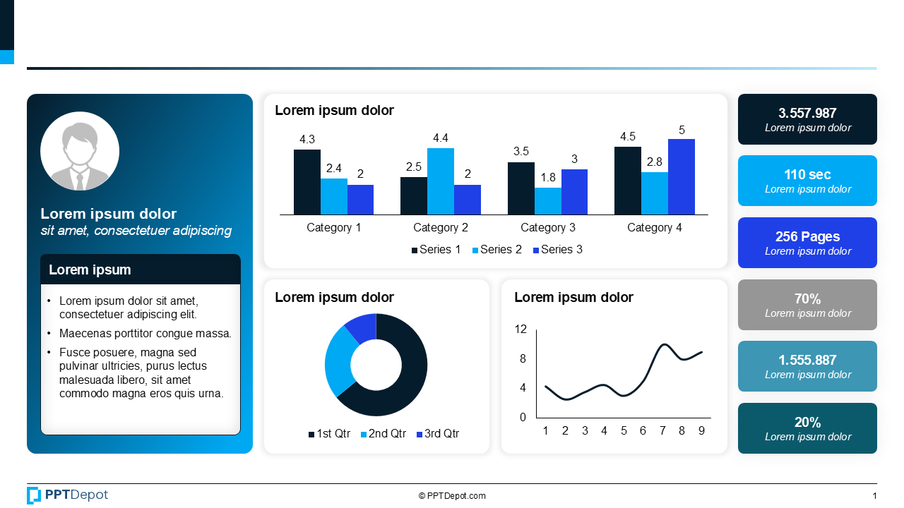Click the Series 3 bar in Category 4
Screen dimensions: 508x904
click(681, 177)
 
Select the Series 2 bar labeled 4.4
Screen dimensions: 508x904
click(440, 181)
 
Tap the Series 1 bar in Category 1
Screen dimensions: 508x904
click(307, 182)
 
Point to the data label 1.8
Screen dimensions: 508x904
click(548, 178)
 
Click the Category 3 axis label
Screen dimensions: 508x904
click(547, 228)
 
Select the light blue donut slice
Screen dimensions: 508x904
click(338, 360)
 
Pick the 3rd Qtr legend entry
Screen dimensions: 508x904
click(437, 434)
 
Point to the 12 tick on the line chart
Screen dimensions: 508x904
click(521, 329)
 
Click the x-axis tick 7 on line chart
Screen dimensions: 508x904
click(662, 431)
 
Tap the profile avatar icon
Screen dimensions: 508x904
click(80, 151)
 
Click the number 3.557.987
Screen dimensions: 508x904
click(807, 113)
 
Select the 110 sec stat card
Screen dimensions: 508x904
click(807, 181)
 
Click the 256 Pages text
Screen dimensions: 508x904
click(807, 236)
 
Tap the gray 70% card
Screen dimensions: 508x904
click(807, 305)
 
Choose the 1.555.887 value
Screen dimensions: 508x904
click(807, 360)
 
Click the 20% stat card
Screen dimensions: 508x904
click(807, 428)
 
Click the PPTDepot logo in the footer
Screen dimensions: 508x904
click(68, 495)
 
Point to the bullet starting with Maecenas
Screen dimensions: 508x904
click(145, 334)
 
